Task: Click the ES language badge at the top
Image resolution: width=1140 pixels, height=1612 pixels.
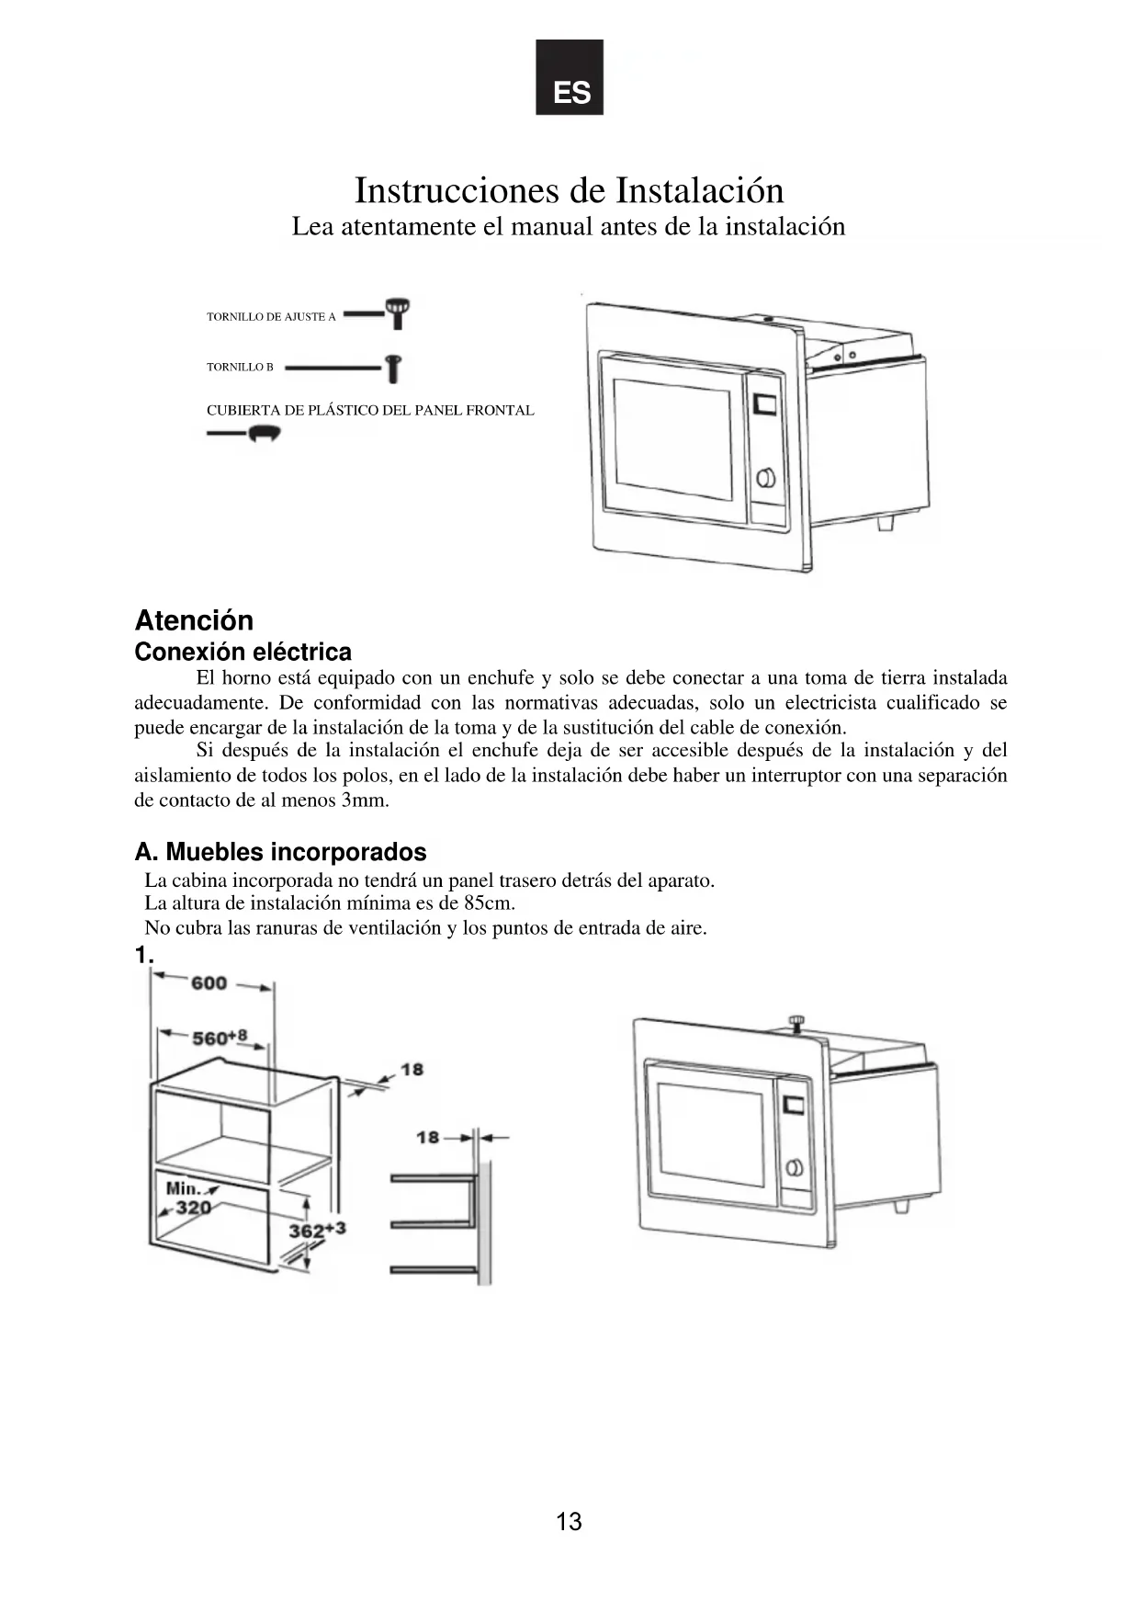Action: point(570,77)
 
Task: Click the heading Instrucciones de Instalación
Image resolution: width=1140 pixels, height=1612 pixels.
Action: point(570,190)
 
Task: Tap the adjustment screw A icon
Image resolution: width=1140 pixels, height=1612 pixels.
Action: point(398,312)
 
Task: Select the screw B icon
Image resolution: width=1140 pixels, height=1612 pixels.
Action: point(393,369)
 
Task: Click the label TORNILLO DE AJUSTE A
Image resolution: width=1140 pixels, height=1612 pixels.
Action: point(271,317)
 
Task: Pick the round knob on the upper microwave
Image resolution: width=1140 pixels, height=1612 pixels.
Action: point(766,478)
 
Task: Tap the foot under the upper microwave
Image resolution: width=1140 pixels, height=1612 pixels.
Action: point(885,521)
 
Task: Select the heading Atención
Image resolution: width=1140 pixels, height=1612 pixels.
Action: point(194,620)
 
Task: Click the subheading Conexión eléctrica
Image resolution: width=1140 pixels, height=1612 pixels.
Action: point(243,652)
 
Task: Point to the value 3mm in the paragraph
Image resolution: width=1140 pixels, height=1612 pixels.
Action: point(364,800)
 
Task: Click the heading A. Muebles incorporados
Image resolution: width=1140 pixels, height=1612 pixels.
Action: point(280,852)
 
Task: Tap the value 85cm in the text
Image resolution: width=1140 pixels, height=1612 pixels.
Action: point(489,903)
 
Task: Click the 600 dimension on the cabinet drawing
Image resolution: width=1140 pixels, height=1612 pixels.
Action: point(209,983)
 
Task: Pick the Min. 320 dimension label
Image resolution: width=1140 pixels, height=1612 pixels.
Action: point(188,1198)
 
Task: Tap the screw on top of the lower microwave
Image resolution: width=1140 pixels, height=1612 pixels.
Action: point(796,1021)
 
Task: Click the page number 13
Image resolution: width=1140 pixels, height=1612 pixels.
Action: point(569,1522)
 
